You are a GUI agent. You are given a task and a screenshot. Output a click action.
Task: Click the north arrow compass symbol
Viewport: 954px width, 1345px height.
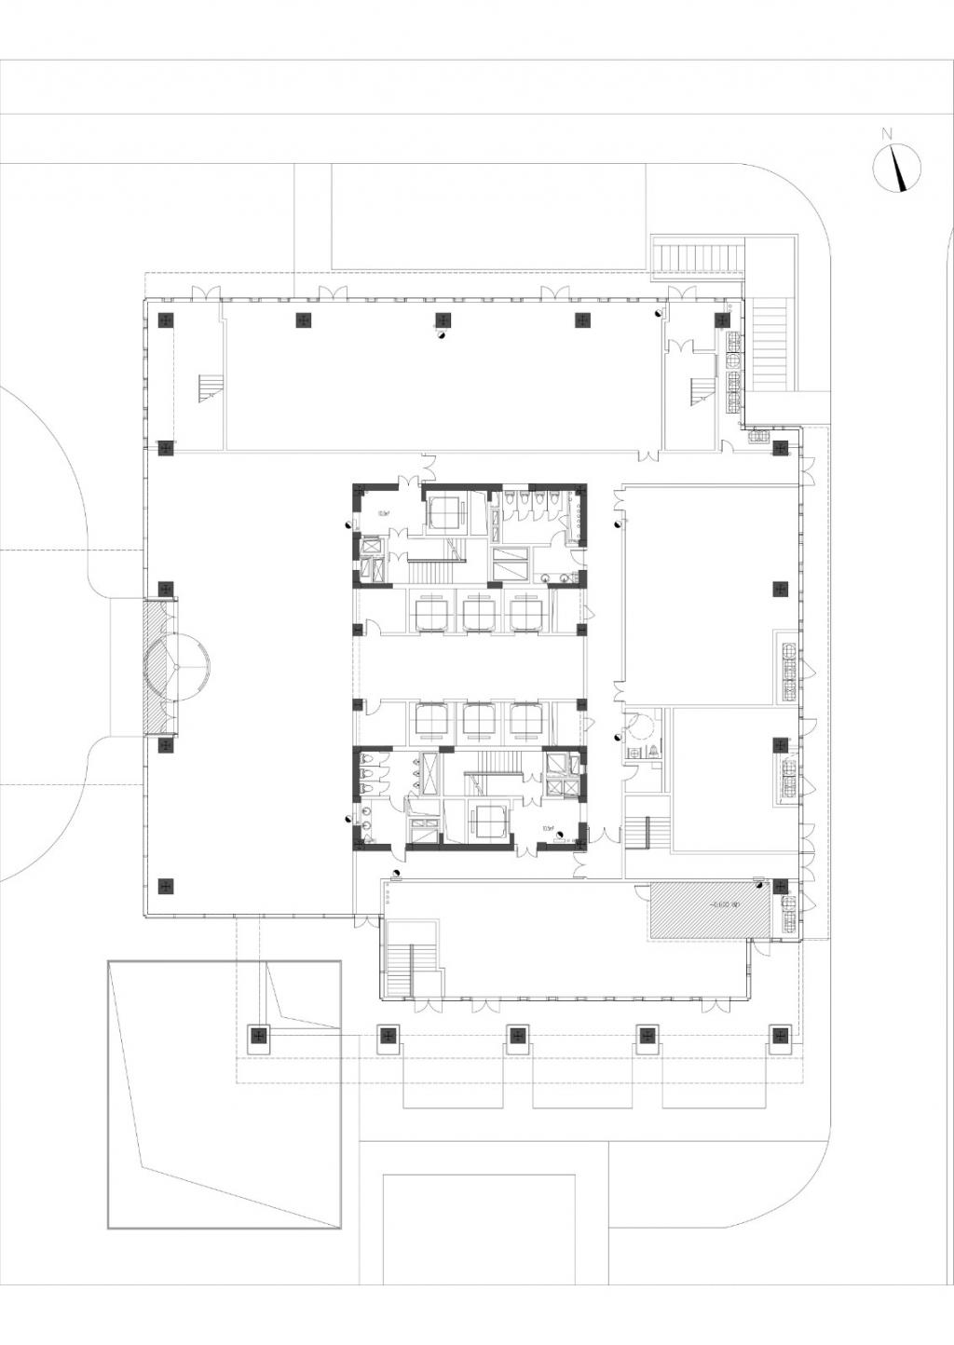click(x=896, y=170)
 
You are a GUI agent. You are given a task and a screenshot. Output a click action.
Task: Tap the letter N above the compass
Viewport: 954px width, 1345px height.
click(x=889, y=132)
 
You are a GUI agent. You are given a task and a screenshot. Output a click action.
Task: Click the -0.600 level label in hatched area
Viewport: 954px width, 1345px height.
click(x=723, y=903)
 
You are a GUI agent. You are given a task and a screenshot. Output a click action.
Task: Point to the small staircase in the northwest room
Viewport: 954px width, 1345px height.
click(x=211, y=388)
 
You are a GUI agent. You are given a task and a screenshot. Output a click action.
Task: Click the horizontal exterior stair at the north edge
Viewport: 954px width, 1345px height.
click(x=698, y=256)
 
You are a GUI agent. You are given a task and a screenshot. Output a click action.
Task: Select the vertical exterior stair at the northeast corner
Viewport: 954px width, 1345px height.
click(x=770, y=344)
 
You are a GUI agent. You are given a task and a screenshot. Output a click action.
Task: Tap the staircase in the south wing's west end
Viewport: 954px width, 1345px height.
click(x=402, y=971)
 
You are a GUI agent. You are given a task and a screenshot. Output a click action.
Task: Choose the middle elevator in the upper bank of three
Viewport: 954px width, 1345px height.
click(x=479, y=615)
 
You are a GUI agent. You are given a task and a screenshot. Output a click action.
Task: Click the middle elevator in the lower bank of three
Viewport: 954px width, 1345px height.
click(x=479, y=720)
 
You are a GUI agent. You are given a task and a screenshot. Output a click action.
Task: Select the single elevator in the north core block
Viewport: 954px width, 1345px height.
click(x=445, y=511)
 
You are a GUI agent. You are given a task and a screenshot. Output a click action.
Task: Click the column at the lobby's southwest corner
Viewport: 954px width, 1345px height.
click(x=166, y=886)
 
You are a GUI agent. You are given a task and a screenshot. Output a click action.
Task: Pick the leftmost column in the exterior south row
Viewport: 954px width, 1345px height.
click(x=258, y=1035)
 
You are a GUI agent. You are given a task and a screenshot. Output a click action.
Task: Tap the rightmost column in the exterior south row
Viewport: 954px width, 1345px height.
click(x=779, y=1035)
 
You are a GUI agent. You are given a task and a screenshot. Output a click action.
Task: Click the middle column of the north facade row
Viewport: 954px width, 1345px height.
click(x=443, y=320)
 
